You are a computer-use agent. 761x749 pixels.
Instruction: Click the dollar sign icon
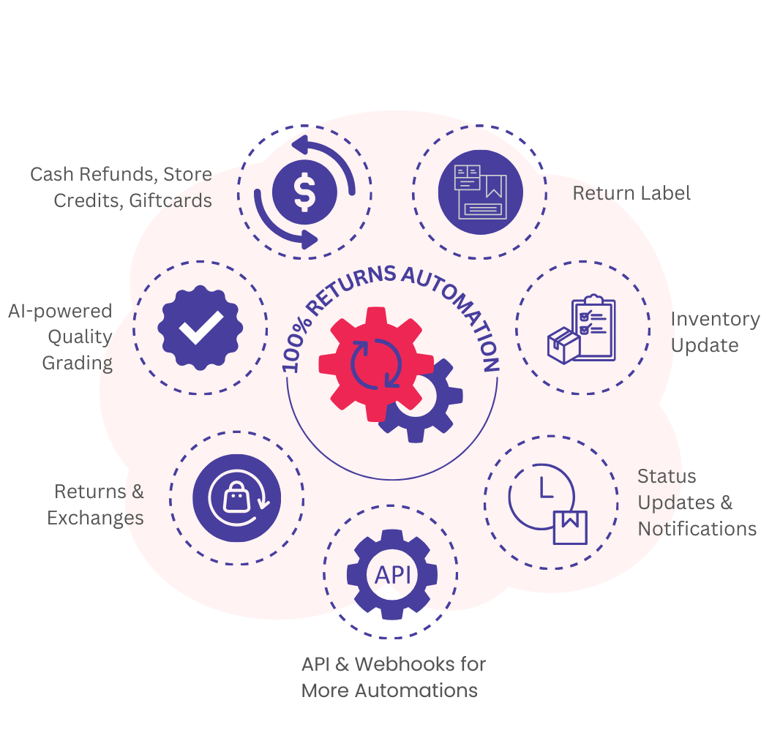pyautogui.click(x=304, y=192)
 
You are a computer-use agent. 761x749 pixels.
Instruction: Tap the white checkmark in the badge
pyautogui.click(x=200, y=328)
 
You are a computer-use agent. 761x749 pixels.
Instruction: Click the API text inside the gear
pyautogui.click(x=392, y=575)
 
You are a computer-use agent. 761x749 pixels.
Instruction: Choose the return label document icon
pyautogui.click(x=479, y=192)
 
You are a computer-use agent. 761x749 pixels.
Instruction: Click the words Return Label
pyautogui.click(x=631, y=193)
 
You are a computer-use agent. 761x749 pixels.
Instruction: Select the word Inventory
pyautogui.click(x=715, y=320)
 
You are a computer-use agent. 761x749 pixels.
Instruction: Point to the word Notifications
pyautogui.click(x=697, y=529)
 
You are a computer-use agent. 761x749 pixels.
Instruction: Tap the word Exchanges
pyautogui.click(x=95, y=518)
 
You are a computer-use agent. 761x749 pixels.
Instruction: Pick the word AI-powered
pyautogui.click(x=60, y=312)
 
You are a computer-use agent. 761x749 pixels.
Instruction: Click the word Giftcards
pyautogui.click(x=170, y=200)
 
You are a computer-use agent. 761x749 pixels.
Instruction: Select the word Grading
pyautogui.click(x=77, y=364)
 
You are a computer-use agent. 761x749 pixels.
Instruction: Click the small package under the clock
pyautogui.click(x=570, y=527)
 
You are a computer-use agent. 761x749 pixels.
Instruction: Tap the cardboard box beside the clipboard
pyautogui.click(x=563, y=345)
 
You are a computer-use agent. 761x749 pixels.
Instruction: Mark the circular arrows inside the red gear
pyautogui.click(x=375, y=362)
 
